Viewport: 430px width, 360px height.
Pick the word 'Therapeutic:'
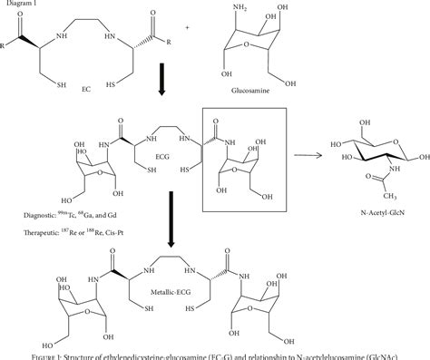pos(26,233)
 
